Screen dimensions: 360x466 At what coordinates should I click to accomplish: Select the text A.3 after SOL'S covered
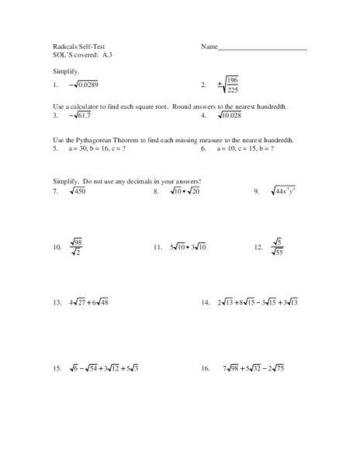pos(108,56)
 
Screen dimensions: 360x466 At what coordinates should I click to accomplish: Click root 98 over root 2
pos(76,248)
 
